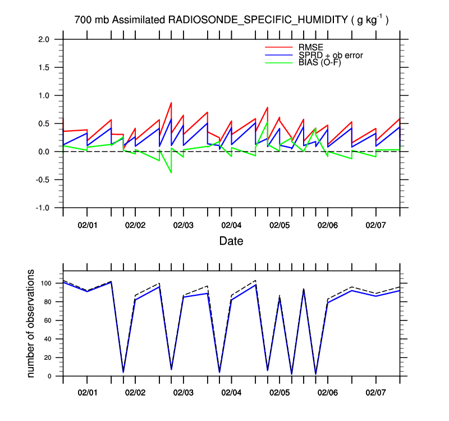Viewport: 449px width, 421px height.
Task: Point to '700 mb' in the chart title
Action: [x=92, y=20]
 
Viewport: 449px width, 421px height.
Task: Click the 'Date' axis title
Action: [x=231, y=242]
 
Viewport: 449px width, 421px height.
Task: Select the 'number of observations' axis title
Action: [x=32, y=323]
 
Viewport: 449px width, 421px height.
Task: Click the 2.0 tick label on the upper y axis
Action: [x=44, y=39]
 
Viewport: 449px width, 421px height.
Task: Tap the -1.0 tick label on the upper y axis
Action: [x=43, y=208]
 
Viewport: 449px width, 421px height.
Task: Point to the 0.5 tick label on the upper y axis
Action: [x=44, y=123]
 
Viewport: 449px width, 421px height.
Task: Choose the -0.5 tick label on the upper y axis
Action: [x=43, y=180]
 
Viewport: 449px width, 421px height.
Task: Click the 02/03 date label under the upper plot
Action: [x=184, y=225]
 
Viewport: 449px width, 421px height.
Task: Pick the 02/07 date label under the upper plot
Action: [x=375, y=225]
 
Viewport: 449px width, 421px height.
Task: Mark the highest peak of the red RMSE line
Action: [x=171, y=103]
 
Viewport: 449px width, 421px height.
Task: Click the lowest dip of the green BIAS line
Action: [x=171, y=173]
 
